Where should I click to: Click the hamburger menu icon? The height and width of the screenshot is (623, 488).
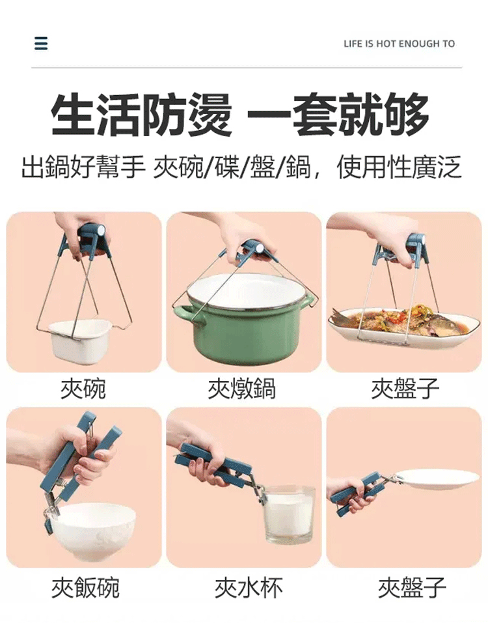(41, 43)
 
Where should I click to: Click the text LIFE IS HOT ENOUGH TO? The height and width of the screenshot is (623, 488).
(399, 44)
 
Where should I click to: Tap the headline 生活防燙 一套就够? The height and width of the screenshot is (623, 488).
(240, 115)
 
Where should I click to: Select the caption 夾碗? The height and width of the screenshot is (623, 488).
(83, 388)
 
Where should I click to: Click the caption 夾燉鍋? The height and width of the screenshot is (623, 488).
(242, 388)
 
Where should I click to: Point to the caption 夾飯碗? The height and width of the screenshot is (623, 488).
(85, 588)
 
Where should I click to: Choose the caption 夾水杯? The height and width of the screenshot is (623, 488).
(249, 588)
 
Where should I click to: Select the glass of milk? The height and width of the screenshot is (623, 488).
(290, 515)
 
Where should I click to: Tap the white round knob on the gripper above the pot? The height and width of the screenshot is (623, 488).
(260, 249)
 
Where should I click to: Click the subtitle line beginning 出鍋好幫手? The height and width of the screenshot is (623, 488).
(241, 167)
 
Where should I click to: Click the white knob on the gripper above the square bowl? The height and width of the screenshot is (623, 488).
(102, 230)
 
